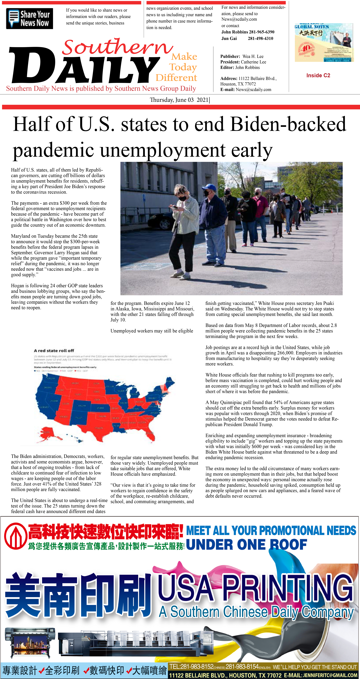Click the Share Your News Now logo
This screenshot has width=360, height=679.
tap(30, 18)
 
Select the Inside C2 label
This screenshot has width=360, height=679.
tap(318, 75)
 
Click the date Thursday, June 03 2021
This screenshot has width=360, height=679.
tap(179, 100)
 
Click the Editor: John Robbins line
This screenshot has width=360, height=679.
tap(240, 68)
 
